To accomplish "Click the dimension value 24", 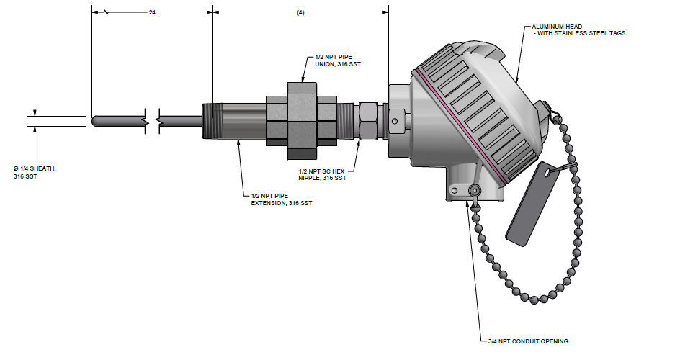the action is (x=152, y=12).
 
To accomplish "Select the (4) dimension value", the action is (x=300, y=12).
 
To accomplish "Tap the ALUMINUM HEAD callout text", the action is (x=578, y=30).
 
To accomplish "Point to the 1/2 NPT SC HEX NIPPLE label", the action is (x=322, y=174).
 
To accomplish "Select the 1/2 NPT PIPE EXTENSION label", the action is (x=282, y=199).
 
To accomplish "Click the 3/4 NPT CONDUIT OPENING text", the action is (x=527, y=341).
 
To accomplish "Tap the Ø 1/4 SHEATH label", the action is (x=35, y=172).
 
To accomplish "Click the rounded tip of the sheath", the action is (x=94, y=122).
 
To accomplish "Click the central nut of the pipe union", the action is (x=301, y=120).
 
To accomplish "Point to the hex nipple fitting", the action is (x=369, y=120).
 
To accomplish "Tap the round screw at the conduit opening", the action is (x=475, y=192).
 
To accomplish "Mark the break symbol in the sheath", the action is (x=152, y=121).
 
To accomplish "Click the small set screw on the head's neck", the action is (x=395, y=120).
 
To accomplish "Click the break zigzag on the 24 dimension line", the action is (x=107, y=12).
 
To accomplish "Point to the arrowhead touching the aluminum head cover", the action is (x=516, y=80).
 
